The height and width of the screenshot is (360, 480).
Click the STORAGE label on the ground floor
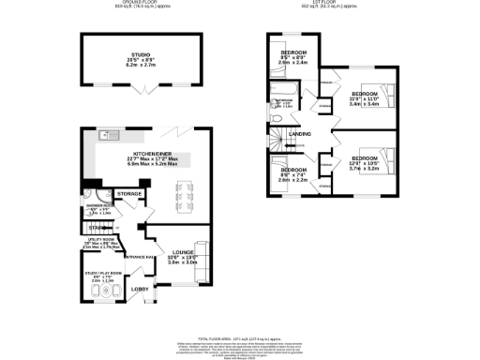[129, 194]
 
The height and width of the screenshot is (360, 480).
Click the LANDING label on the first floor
[300, 134]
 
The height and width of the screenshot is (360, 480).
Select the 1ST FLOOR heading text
[333, 4]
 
